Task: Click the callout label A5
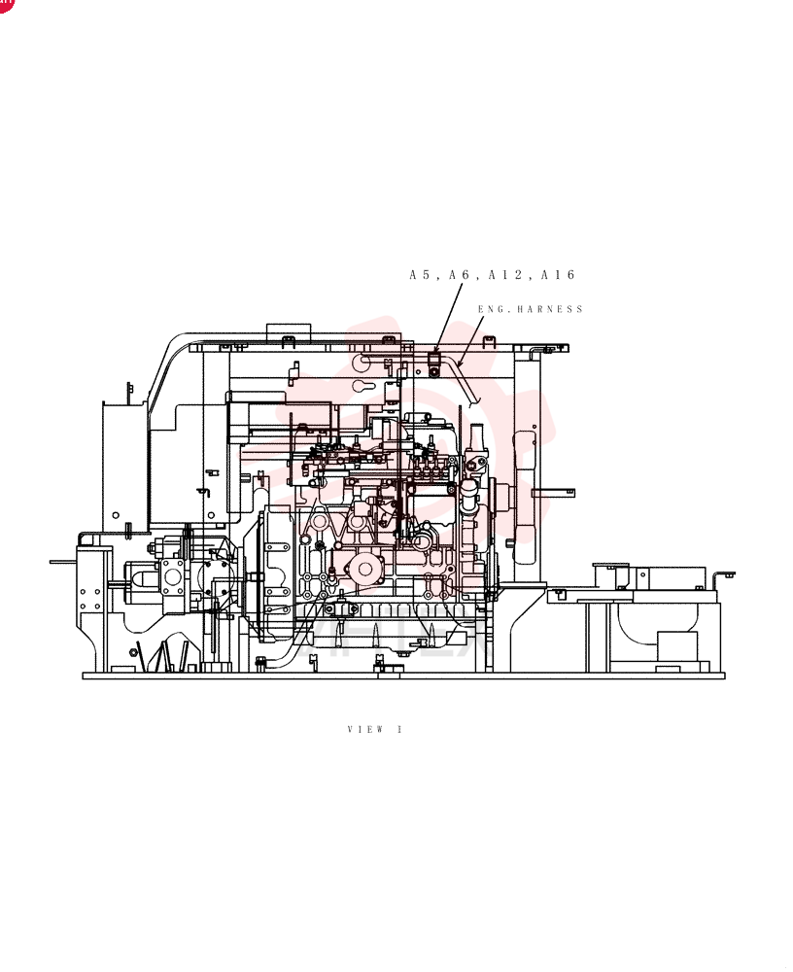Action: (420, 275)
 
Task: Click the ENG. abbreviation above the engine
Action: (494, 309)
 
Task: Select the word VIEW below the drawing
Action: (365, 729)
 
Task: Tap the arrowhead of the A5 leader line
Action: (436, 350)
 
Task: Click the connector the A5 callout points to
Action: (434, 364)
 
